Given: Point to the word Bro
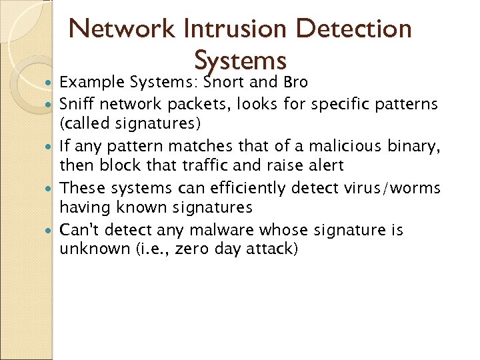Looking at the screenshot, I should [x=296, y=83].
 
